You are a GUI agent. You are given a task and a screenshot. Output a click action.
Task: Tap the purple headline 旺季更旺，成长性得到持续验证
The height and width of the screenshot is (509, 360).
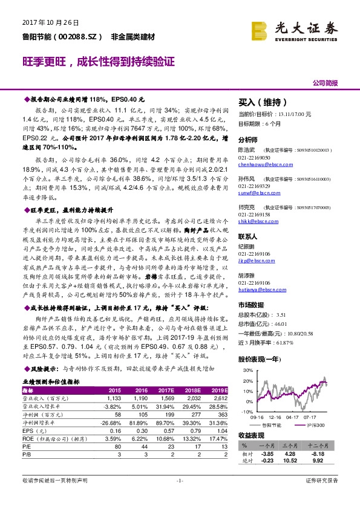[x=99, y=62]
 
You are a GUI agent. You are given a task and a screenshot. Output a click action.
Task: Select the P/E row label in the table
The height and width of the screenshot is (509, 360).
[x=27, y=439]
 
